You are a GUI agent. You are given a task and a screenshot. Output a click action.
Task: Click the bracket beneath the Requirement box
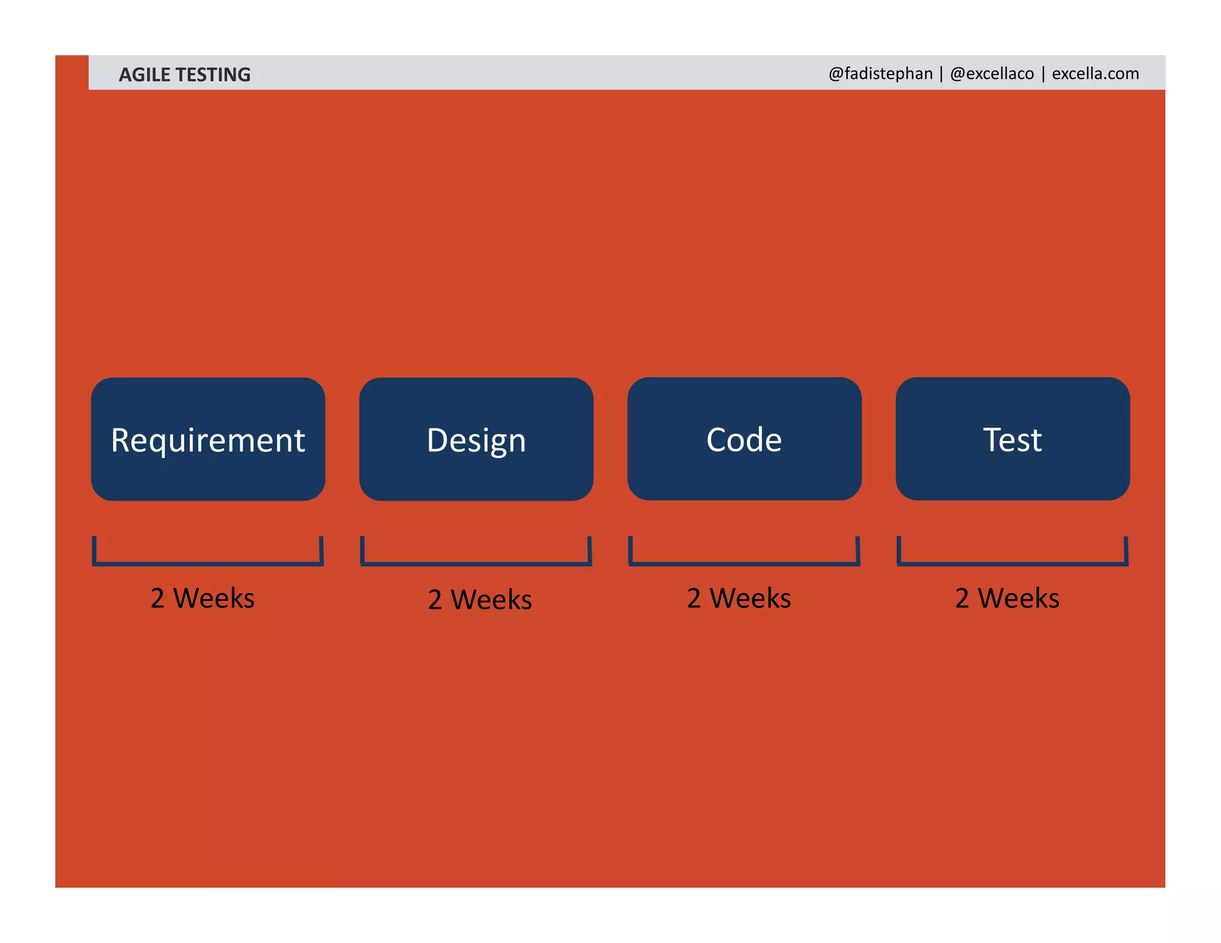click(208, 562)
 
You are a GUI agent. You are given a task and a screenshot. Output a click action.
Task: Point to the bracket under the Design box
click(476, 562)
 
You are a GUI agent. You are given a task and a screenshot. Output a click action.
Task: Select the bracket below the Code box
click(744, 562)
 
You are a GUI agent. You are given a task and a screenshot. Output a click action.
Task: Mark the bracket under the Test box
click(1012, 562)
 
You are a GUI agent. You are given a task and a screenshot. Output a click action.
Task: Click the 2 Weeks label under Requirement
click(203, 598)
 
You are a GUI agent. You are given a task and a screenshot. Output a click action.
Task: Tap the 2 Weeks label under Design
click(480, 599)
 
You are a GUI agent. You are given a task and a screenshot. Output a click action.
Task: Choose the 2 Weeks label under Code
click(739, 598)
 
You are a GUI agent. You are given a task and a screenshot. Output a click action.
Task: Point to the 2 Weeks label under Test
click(1007, 598)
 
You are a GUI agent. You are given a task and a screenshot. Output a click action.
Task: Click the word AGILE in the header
click(144, 75)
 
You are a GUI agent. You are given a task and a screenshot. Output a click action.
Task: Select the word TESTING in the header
click(213, 75)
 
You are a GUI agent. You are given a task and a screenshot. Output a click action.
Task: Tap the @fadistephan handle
click(881, 73)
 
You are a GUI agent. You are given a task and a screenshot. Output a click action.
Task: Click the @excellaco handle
click(992, 73)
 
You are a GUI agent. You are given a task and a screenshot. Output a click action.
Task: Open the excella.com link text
click(1095, 73)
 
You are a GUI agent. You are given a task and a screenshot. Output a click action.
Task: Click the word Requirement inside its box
click(208, 441)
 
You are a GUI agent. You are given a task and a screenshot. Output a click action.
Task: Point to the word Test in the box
click(1012, 440)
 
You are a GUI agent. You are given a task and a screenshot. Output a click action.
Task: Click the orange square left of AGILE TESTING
click(72, 72)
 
